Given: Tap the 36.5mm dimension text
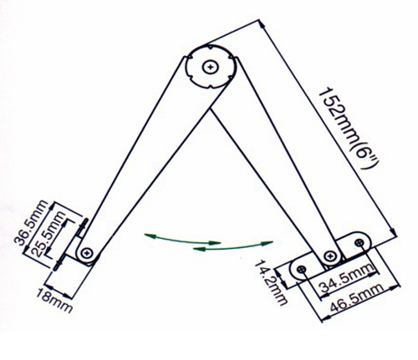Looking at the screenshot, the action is coord(31,223).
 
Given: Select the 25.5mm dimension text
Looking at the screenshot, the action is coord(48,234).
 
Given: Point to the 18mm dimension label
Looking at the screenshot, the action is coord(54,301).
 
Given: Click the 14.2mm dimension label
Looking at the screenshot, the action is coord(271,283).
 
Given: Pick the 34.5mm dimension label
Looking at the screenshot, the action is coord(346,280).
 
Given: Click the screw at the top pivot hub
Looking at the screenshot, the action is coord(210,67).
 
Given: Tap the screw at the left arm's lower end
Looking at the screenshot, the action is coord(88,253).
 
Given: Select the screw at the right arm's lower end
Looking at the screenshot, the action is coord(330,256).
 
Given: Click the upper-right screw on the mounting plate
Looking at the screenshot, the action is coord(359,242).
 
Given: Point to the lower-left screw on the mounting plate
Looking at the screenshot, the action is coord(301,269).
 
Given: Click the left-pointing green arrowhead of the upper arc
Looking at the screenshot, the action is coord(149,236).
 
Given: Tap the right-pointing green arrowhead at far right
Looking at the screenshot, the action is coord(267,243).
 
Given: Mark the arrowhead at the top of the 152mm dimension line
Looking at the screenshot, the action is coord(262,25).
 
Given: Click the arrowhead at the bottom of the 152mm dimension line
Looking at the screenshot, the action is coord(393,231).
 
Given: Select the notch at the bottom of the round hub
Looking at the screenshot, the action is coord(211,86).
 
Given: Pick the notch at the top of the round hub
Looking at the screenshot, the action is coord(209,48).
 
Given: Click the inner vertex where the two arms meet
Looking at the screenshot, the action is coord(211,109).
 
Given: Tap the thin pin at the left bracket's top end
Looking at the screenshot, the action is coord(84,224).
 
